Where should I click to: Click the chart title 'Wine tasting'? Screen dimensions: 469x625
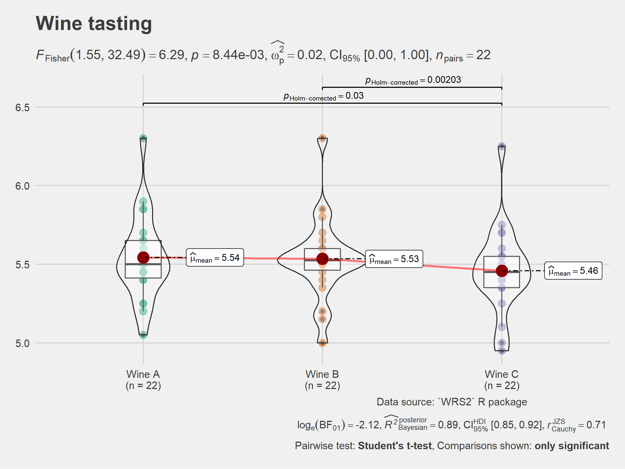(93, 23)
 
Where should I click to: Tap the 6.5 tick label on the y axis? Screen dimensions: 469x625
(22, 108)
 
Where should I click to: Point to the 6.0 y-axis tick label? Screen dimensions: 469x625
(22, 186)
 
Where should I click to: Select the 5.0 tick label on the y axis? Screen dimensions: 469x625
(22, 343)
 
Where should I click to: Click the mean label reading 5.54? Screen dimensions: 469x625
(215, 257)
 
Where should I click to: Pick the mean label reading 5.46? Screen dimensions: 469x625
(573, 271)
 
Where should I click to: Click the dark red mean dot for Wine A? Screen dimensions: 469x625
(143, 257)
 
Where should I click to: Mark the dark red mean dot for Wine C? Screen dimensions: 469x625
(502, 271)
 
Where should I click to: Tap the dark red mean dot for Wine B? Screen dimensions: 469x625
(322, 259)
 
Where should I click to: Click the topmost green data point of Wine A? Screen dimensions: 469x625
(143, 139)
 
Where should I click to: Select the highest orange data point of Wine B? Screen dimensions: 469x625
(322, 139)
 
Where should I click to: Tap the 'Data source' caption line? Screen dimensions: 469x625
(452, 402)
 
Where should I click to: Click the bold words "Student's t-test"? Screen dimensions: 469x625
(395, 446)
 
